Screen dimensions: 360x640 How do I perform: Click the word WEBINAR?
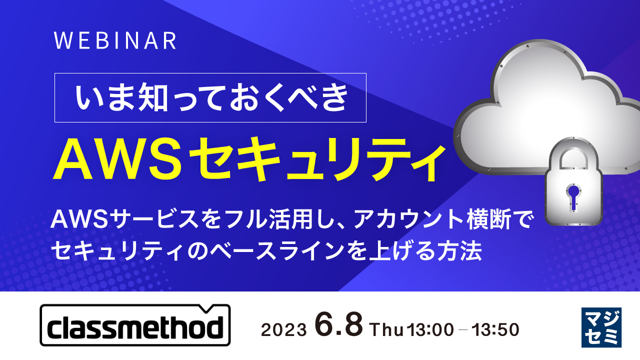[115, 41]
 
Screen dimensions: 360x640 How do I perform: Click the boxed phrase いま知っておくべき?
[210, 98]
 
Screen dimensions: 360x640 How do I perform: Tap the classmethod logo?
[135, 325]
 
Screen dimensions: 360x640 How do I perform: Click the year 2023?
[283, 330]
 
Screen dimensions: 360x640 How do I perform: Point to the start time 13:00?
[430, 329]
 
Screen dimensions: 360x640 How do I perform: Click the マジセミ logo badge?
[601, 327]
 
